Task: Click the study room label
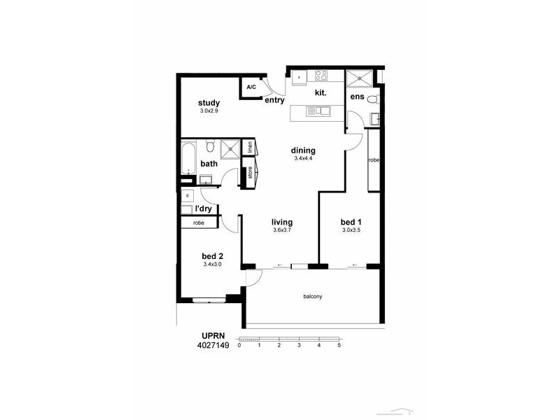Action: pos(209,103)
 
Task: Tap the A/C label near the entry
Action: pos(251,87)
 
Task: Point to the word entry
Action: pos(274,100)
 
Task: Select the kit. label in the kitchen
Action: pos(321,92)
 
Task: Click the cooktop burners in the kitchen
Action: pos(322,76)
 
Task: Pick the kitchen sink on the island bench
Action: pos(322,110)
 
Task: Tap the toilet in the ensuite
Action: pos(374,98)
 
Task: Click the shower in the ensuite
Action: pos(359,78)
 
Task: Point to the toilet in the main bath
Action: pos(209,146)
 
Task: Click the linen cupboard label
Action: pos(250,147)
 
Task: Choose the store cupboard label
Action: pos(250,173)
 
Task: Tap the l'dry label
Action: pos(203,209)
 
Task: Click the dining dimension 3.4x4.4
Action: pos(304,159)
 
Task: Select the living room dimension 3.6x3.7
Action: pos(282,230)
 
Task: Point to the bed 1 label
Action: pos(351,222)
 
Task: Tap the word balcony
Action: pos(312,297)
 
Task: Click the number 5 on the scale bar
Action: pos(339,346)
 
